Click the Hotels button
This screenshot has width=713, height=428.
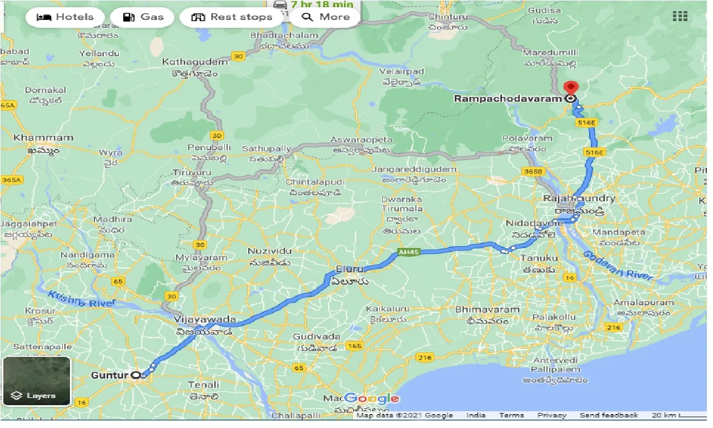point(64,17)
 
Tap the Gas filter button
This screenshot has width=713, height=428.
point(143,17)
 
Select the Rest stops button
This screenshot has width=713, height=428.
point(232,17)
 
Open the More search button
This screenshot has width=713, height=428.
point(325,17)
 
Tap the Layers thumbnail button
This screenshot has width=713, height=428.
point(37,381)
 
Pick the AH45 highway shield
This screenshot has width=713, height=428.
point(408,252)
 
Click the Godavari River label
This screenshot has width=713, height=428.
point(618,266)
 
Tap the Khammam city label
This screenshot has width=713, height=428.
point(43,138)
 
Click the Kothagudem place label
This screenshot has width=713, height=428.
point(194,62)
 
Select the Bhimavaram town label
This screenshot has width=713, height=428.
point(487,310)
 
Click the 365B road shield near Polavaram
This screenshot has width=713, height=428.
point(533,172)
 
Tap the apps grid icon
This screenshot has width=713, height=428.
point(680,16)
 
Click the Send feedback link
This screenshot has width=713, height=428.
point(609,415)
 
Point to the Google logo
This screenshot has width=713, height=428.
point(371,398)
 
